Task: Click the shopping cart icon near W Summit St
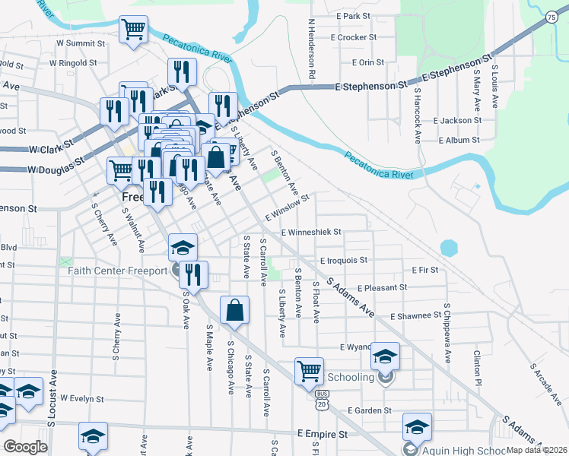133,30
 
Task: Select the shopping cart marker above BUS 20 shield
310,372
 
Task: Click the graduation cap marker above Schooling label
386,356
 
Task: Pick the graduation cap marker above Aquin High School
417,426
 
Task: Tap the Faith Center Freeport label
117,271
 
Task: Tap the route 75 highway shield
551,17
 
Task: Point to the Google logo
25,447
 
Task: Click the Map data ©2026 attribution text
536,450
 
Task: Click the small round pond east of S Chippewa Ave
449,248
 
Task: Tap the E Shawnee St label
415,315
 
